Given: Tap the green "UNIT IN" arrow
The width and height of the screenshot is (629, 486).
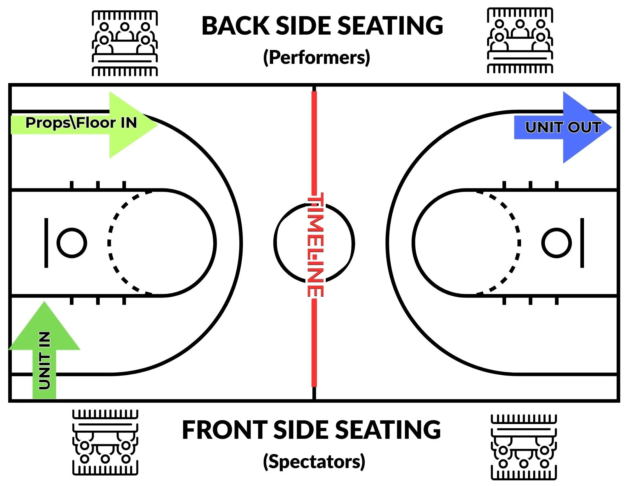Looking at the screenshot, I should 44,352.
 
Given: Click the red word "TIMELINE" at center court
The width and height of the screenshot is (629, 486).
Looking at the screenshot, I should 315,245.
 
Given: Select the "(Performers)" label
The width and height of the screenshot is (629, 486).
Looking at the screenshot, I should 317,58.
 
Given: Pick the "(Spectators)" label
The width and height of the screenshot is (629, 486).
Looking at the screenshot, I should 314,462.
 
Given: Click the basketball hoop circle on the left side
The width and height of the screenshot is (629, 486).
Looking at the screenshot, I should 72,243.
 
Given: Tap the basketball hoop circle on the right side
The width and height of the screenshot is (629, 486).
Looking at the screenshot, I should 556,243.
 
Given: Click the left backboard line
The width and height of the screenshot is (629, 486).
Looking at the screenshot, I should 46,243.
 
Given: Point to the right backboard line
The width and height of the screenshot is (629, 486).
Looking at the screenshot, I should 582,243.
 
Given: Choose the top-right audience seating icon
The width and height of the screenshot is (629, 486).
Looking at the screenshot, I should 520,41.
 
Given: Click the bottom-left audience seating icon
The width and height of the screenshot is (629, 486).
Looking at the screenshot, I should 105,442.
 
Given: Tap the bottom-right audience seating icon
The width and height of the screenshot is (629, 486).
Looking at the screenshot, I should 524,447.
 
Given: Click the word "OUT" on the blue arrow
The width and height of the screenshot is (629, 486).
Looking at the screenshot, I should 585,127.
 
